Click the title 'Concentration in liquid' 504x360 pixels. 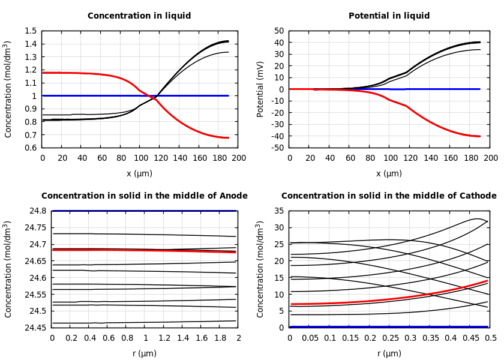click(x=139, y=16)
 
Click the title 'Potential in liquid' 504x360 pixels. click(x=389, y=16)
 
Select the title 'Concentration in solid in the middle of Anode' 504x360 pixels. click(x=144, y=196)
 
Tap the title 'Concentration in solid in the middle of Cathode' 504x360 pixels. click(x=389, y=196)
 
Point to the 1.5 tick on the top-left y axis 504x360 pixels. click(x=30, y=31)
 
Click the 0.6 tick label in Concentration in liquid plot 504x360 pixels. click(x=30, y=148)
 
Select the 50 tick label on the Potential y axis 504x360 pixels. click(x=278, y=31)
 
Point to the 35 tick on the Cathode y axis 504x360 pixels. click(x=278, y=211)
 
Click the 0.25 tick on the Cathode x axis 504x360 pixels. click(x=390, y=338)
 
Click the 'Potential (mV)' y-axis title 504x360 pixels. click(x=260, y=89)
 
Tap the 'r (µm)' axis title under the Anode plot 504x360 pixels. click(x=145, y=353)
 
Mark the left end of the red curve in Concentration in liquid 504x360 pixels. click(x=43, y=73)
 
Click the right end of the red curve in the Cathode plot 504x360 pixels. click(x=487, y=281)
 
